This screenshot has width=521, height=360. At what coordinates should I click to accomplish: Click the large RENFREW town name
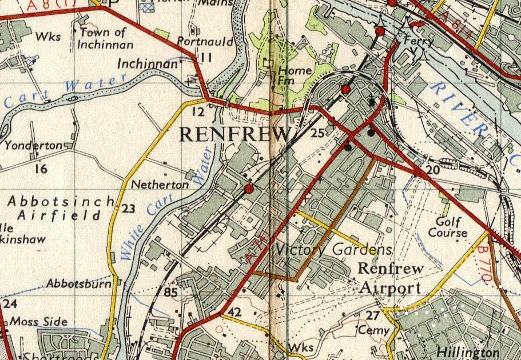point(235,134)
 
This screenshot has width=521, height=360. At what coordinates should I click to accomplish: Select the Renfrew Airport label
point(391,278)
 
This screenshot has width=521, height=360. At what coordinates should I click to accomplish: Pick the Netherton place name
point(160,185)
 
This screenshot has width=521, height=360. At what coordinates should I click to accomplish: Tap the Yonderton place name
point(33,146)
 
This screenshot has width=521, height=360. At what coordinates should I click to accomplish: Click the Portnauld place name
point(197,42)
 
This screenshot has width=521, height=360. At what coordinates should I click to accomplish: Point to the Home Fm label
point(295,76)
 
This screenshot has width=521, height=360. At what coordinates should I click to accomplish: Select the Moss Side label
point(39,322)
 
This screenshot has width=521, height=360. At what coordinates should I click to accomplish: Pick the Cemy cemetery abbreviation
point(373,330)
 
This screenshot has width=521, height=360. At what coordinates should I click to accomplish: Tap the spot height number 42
point(234,313)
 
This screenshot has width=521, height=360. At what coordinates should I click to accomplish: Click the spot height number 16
point(40,169)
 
